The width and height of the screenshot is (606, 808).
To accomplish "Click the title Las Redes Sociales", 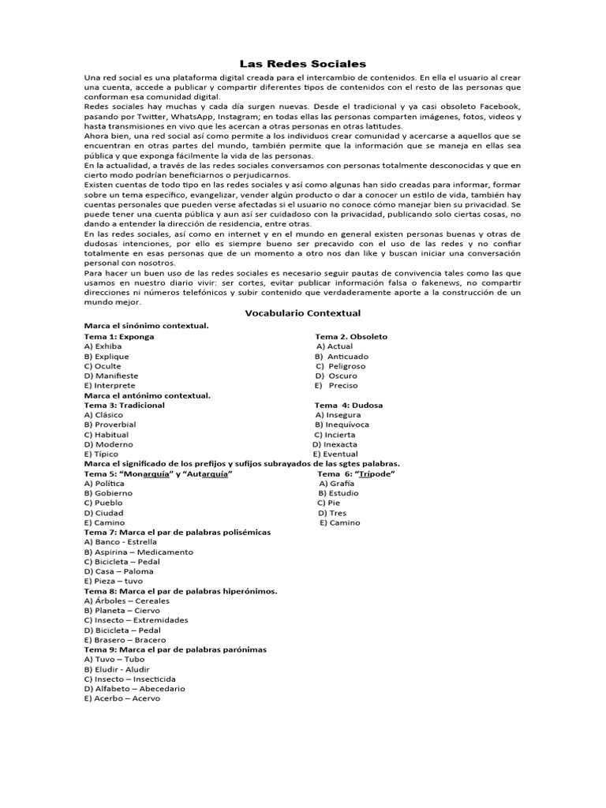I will [303, 63].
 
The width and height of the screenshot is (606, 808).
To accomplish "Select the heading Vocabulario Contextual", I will [303, 312].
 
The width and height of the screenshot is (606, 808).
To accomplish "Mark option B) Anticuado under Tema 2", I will [342, 356].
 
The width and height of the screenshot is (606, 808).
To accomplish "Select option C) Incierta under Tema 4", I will [335, 435].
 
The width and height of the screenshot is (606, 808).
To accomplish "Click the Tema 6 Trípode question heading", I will [356, 473].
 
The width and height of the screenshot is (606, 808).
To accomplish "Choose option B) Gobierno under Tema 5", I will [110, 493].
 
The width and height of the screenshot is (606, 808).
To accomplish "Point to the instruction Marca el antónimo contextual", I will [148, 395].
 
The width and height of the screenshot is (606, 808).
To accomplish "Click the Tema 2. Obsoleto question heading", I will [352, 336].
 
